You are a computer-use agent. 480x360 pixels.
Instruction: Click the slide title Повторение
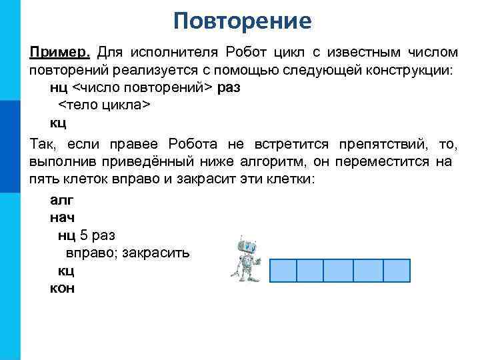[242, 21]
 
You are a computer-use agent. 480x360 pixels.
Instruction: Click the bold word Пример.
[61, 52]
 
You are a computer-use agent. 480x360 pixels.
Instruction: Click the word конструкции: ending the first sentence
[409, 70]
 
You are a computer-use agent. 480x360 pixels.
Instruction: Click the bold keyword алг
[62, 199]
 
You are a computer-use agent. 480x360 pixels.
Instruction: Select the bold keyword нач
[62, 217]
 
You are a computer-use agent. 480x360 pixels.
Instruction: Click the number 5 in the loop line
[83, 235]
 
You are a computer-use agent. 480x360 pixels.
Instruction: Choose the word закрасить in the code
[157, 253]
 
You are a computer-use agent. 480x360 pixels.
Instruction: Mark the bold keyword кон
[62, 288]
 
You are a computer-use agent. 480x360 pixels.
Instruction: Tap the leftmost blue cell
[283, 271]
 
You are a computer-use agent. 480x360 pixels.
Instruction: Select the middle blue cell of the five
[339, 271]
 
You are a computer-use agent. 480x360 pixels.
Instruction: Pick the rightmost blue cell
[397, 271]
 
